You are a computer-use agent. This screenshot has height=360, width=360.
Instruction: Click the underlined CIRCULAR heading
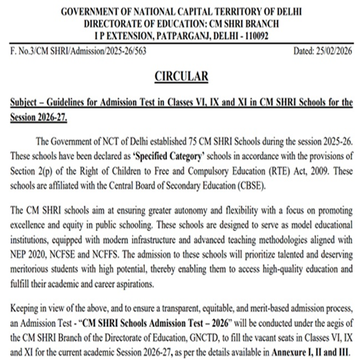pos(181,76)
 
